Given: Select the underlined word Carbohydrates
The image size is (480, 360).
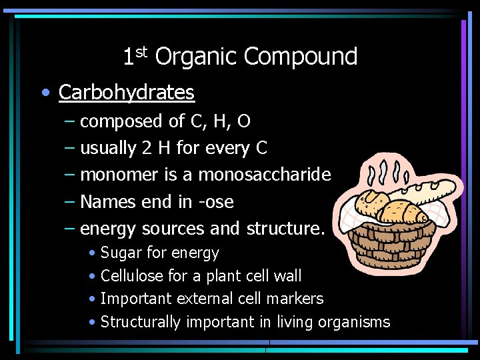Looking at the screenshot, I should pos(127,92).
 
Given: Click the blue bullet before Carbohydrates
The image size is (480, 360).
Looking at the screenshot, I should pos(44,93).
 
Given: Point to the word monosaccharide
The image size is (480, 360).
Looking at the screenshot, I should pos(264,175).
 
